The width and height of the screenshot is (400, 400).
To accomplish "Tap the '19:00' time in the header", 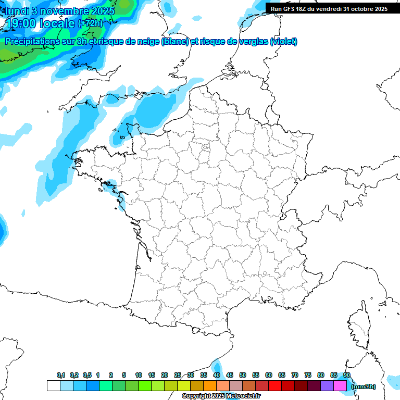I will coord(20,23).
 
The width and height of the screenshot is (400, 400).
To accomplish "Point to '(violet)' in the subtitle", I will coord(284,42).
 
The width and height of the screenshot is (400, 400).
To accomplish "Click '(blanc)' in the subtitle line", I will coord(175,42).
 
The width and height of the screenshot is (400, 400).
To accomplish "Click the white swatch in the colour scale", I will coord(53,386).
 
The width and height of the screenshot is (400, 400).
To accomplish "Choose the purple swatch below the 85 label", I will coord(328,386).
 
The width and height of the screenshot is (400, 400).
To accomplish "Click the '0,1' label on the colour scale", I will coord(61,375).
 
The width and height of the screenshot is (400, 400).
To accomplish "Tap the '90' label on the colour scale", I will coord(346,375).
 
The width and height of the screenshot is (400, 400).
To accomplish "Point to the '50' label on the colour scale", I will coord(243,375).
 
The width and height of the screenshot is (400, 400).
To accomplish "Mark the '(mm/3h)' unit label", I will coord(364,386).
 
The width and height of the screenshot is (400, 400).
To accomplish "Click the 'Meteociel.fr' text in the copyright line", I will coord(244,396).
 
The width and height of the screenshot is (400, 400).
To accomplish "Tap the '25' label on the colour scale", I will coord(178,375).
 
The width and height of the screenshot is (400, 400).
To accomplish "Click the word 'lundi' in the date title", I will coord(16,11).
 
